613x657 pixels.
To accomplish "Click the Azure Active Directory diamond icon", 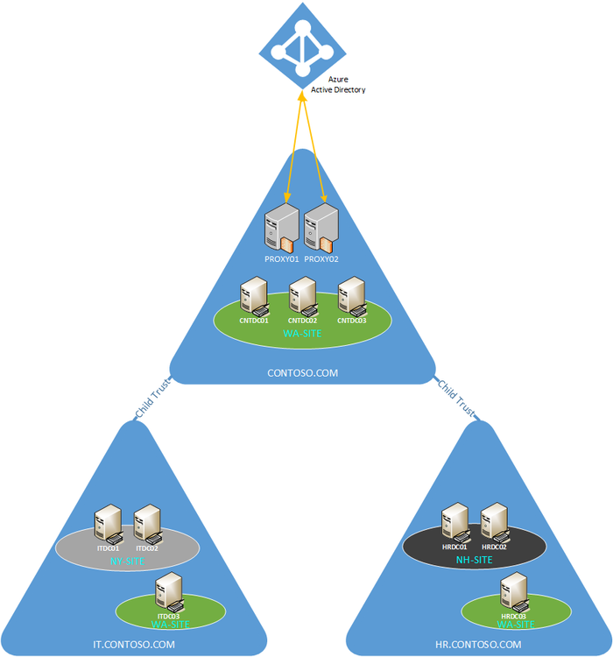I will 303,44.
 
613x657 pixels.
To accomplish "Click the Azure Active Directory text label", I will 338,85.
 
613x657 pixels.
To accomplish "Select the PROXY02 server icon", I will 321,227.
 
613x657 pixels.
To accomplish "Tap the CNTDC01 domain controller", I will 254,296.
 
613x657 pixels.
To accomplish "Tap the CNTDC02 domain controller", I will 302,296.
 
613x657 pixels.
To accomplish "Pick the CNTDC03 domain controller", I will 351,296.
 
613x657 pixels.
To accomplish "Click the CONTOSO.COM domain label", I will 302,373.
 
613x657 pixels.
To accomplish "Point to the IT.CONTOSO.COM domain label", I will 134,645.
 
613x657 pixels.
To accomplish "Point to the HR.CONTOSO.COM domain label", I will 478,645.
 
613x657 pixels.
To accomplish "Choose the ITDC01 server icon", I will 109,524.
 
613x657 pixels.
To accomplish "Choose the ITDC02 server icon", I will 147,524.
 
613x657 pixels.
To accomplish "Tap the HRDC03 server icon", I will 512,593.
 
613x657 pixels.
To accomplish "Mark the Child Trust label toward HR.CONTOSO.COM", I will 456,399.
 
